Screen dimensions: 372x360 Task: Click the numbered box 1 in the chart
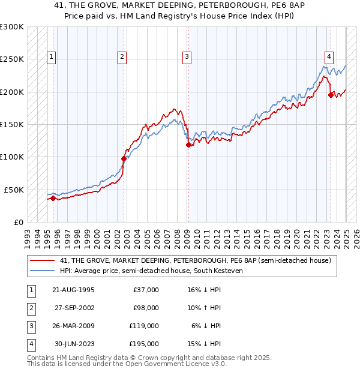click(52, 57)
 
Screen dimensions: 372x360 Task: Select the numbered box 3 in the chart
click(187, 57)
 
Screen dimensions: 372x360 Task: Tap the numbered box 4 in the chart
click(329, 57)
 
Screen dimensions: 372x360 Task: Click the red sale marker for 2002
click(124, 158)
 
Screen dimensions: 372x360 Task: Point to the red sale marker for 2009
click(188, 145)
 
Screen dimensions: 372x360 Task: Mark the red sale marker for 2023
click(331, 95)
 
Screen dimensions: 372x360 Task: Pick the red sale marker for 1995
click(53, 198)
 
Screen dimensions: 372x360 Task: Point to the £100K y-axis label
click(12, 157)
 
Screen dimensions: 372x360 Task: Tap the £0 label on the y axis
click(18, 222)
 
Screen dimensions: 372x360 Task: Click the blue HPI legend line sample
click(42, 271)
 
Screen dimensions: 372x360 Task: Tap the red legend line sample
click(42, 260)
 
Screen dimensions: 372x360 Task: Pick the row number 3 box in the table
click(29, 326)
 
